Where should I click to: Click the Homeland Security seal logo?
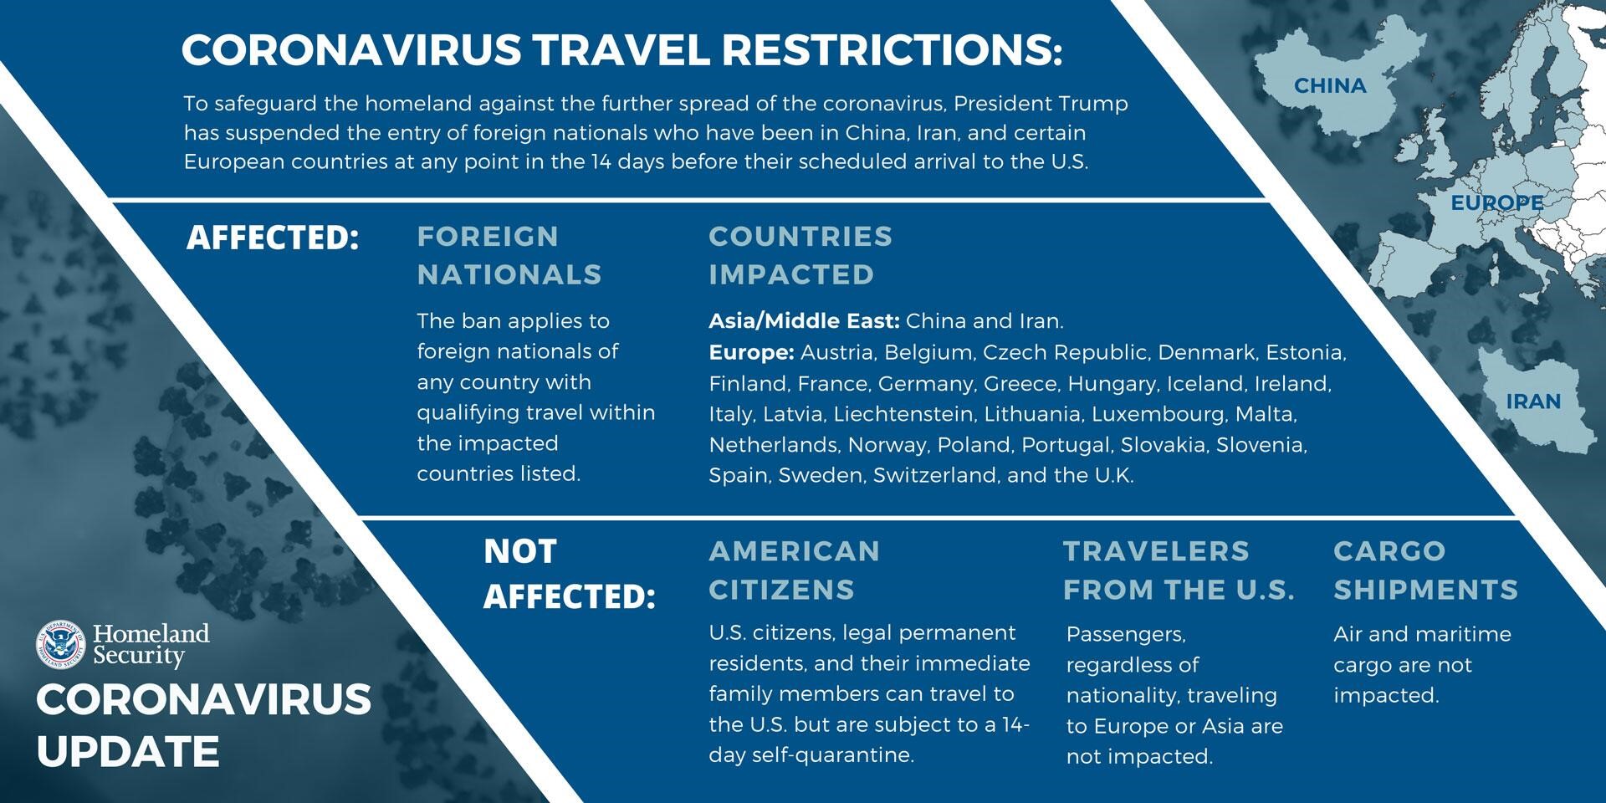61,645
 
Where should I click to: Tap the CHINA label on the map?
1330,85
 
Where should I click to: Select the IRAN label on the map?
1533,401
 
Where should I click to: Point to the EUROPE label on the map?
1497,202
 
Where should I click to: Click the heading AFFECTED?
273,238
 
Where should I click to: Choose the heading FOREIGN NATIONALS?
509,255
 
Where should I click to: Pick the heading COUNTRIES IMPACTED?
800,255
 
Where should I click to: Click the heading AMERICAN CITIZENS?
795,570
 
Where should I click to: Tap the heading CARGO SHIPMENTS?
1425,570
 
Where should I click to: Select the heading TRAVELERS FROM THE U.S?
1179,570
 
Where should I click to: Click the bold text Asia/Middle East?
804,321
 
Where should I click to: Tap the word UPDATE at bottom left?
128,751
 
